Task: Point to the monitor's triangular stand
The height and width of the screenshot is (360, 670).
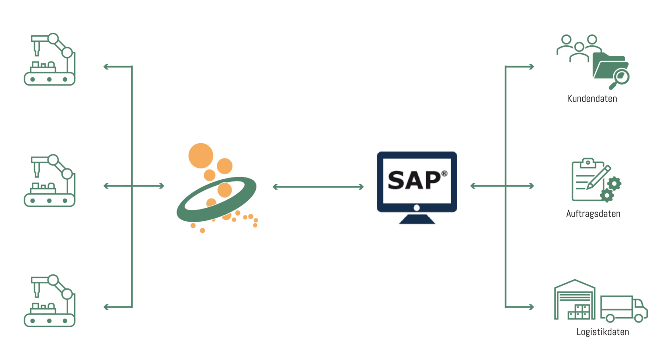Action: click(417, 219)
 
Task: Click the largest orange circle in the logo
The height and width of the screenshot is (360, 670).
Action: click(201, 156)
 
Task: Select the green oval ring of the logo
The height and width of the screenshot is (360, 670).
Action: click(216, 199)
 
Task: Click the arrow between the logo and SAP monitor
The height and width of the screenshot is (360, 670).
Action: click(318, 187)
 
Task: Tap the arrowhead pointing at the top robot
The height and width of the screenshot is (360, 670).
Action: click(106, 67)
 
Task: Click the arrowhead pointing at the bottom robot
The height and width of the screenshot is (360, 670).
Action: click(106, 307)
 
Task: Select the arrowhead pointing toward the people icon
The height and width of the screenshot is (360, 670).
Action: click(531, 67)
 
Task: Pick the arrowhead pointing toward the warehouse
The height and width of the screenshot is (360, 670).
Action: click(531, 307)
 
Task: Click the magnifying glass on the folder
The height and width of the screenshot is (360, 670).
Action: click(621, 79)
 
